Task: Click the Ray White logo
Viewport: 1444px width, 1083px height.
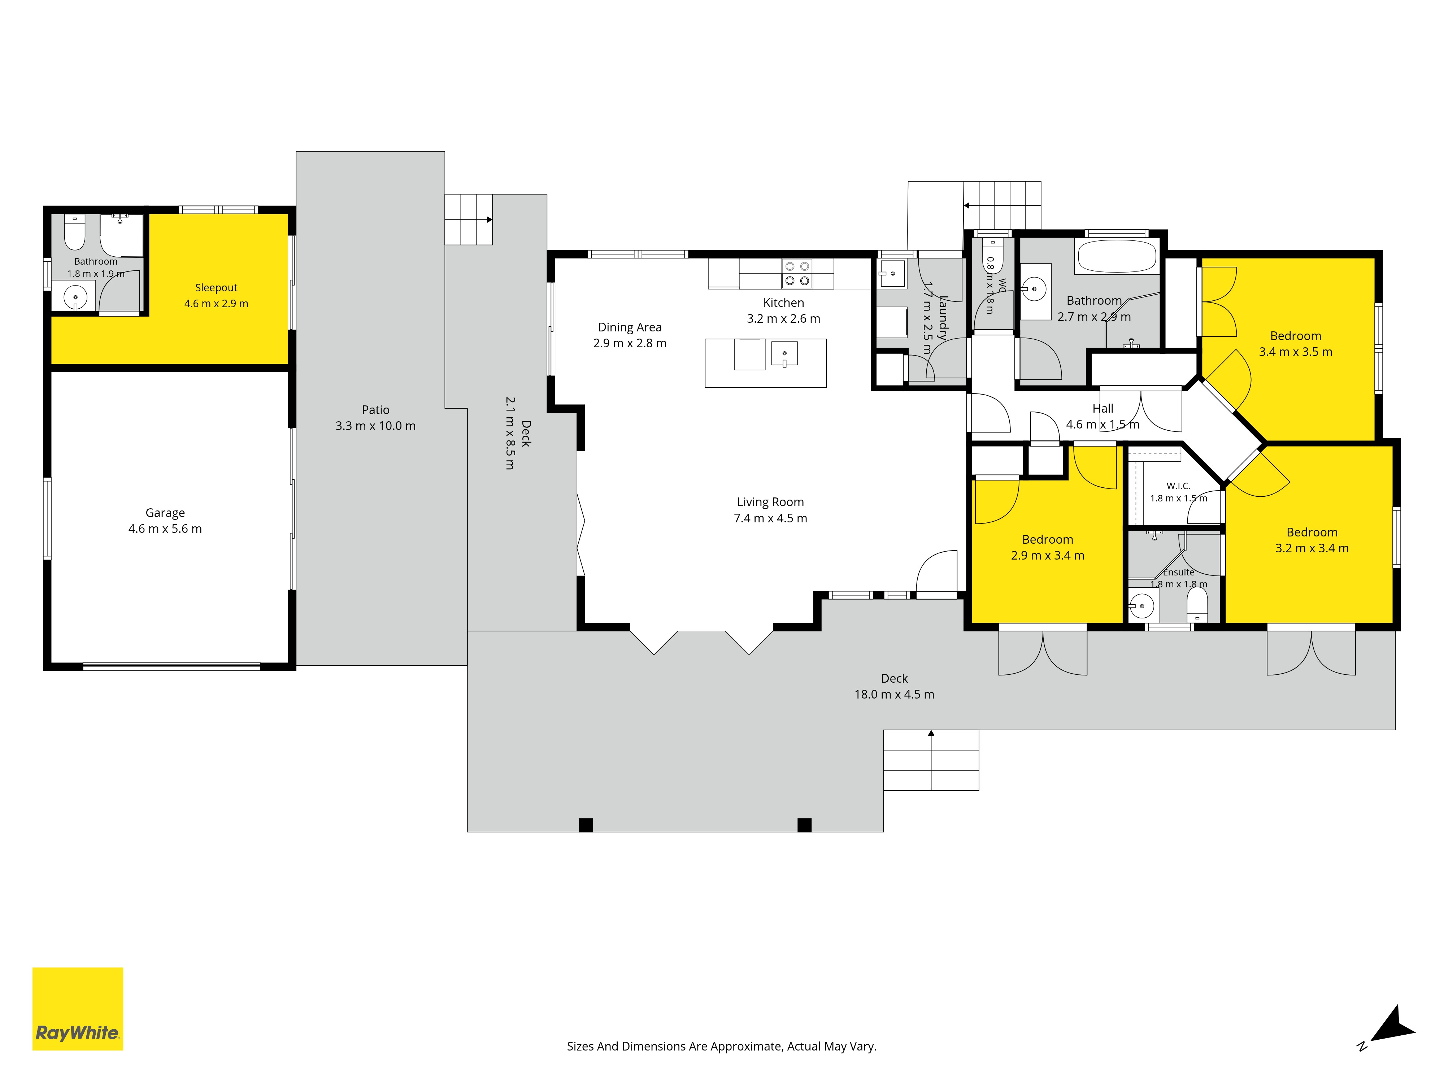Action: pyautogui.click(x=78, y=1009)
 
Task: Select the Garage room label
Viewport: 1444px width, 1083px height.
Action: pyautogui.click(x=165, y=513)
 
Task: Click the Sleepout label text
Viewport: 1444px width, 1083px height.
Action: pyautogui.click(x=216, y=288)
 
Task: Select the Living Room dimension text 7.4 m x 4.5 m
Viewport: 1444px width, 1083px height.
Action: pyautogui.click(x=770, y=518)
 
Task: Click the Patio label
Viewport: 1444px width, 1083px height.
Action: pyautogui.click(x=375, y=410)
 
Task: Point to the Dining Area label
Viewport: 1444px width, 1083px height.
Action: pyautogui.click(x=630, y=327)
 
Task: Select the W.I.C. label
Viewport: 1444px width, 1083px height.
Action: pyautogui.click(x=1178, y=486)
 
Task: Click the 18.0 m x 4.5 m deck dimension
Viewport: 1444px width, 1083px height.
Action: pyautogui.click(x=894, y=695)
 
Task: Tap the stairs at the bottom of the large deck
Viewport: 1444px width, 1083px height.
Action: pyautogui.click(x=931, y=761)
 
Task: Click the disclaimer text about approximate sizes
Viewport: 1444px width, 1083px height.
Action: pyautogui.click(x=721, y=1047)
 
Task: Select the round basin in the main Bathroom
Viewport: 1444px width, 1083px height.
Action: pyautogui.click(x=1034, y=288)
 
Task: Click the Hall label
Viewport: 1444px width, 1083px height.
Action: pyautogui.click(x=1102, y=409)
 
